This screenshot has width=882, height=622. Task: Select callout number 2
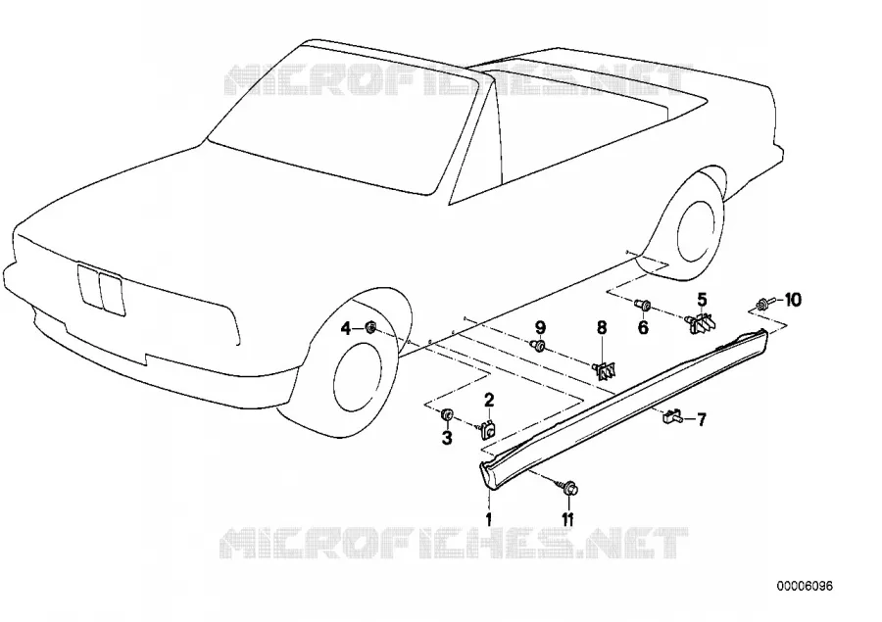489,400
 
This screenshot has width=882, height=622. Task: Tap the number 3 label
447,438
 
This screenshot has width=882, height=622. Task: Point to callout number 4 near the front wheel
347,328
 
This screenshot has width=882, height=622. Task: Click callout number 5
702,299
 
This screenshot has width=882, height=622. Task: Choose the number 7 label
701,419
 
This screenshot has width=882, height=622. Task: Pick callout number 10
792,301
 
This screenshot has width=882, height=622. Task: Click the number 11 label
567,520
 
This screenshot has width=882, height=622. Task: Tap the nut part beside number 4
370,327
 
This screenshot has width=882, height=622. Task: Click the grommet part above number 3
447,415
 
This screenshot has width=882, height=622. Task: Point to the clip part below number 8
604,369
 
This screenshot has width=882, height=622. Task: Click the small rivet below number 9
538,346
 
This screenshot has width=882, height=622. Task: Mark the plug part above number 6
642,306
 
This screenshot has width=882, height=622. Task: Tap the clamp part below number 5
701,322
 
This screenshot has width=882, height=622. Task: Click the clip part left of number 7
671,417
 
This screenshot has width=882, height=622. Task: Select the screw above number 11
568,487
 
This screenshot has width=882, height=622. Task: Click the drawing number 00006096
805,586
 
